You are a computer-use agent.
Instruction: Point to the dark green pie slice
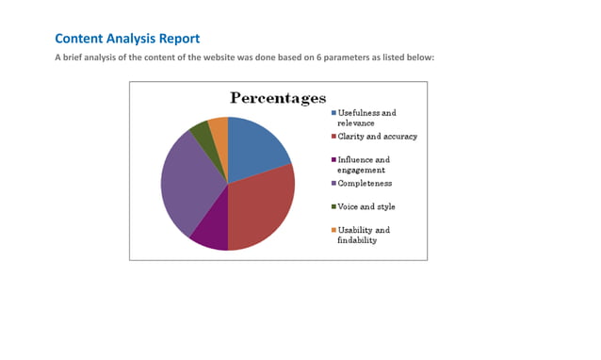click(201, 133)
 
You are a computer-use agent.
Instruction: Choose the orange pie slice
click(219, 128)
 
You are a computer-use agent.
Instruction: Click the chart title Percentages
click(278, 98)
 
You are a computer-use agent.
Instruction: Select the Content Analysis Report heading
click(127, 39)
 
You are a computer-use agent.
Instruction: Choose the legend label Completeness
click(365, 184)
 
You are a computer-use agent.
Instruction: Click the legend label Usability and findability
click(363, 235)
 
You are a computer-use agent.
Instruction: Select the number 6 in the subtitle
click(317, 58)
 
